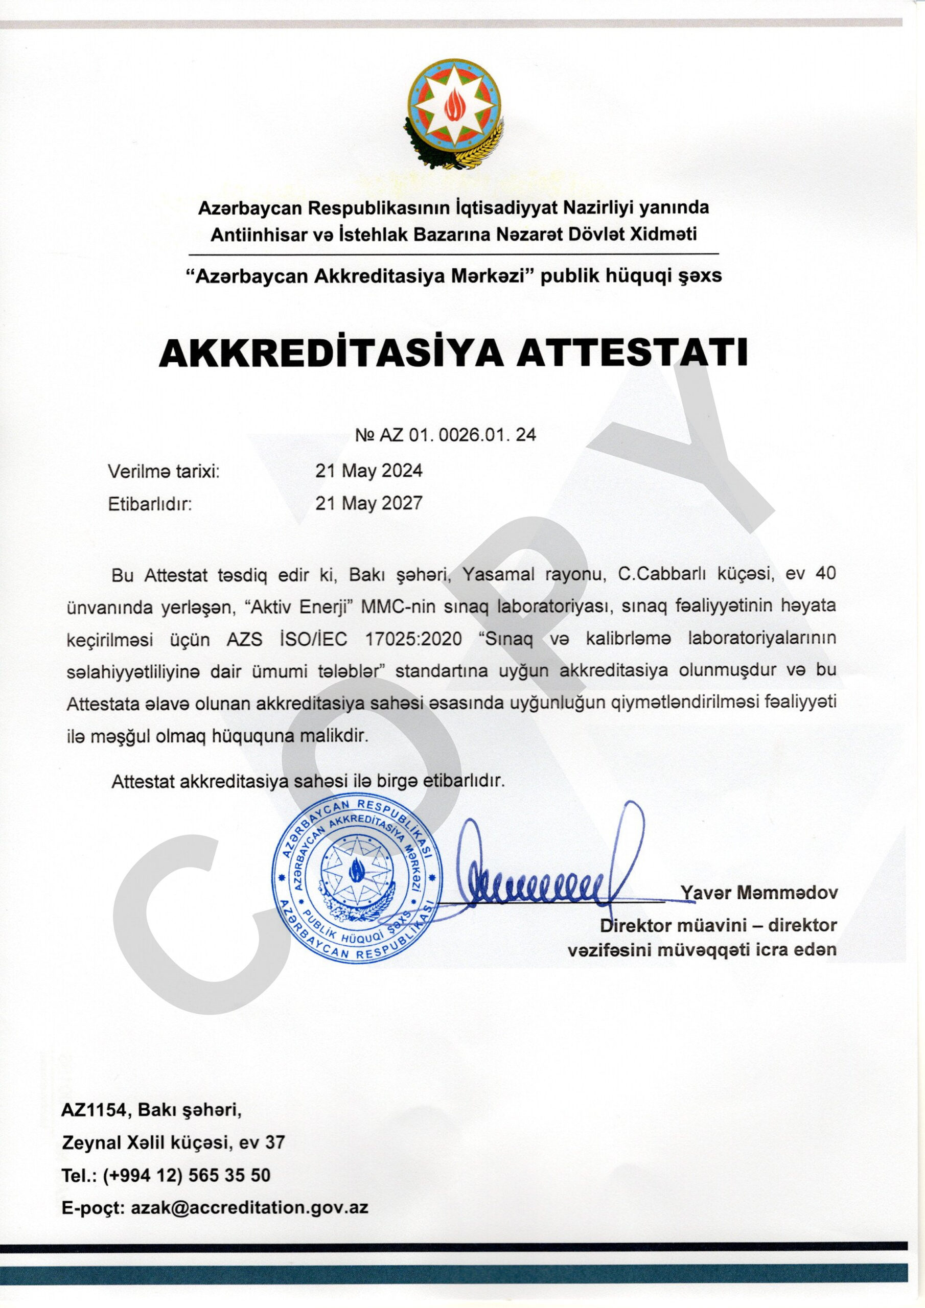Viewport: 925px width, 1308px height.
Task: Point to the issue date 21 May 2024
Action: tap(369, 471)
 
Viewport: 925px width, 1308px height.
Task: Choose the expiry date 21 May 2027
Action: tap(369, 503)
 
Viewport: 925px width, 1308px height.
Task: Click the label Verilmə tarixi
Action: tap(164, 471)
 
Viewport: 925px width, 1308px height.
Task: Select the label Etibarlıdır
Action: tap(149, 504)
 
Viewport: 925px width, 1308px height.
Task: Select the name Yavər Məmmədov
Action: tap(758, 892)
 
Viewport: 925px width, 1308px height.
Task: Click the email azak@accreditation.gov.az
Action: tap(249, 1207)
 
